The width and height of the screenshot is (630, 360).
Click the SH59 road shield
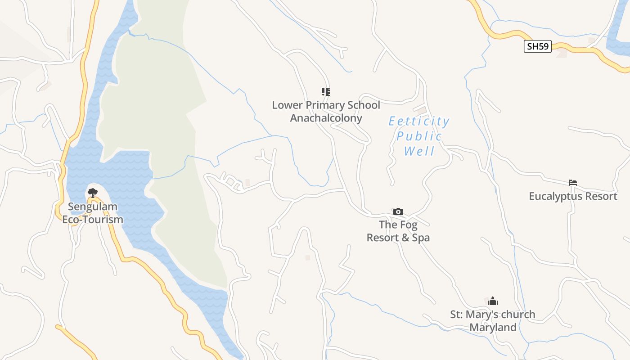(x=537, y=46)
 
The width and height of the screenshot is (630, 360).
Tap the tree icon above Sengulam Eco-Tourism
(x=92, y=193)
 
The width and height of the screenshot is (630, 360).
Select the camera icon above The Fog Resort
(x=398, y=211)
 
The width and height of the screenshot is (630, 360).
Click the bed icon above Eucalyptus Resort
(x=572, y=183)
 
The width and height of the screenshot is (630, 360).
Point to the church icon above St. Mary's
(x=493, y=301)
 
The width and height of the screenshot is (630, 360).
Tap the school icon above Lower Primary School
(x=325, y=92)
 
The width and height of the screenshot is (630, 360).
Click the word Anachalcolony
(x=326, y=118)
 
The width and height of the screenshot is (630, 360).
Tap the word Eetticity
(x=419, y=121)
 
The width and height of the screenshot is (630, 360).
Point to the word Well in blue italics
(x=419, y=151)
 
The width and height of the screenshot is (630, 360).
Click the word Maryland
(x=493, y=327)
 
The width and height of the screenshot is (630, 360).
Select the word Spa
(x=421, y=238)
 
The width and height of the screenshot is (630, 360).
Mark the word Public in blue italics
(x=419, y=136)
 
